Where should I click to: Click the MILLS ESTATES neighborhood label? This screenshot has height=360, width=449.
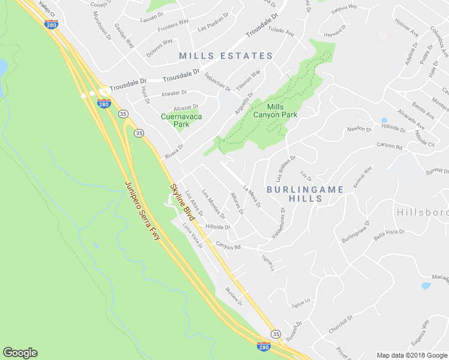pyautogui.click(x=226, y=56)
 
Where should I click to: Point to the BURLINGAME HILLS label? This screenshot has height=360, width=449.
pyautogui.click(x=306, y=194)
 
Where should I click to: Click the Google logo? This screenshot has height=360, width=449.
pyautogui.click(x=20, y=352)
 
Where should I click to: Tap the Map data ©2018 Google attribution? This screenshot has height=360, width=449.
pyautogui.click(x=412, y=355)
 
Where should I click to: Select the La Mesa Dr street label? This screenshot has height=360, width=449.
pyautogui.click(x=252, y=195)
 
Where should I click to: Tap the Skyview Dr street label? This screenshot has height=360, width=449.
pyautogui.click(x=234, y=296)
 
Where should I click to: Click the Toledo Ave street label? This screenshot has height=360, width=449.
pyautogui.click(x=280, y=30)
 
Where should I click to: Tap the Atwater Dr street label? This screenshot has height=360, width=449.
pyautogui.click(x=175, y=94)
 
